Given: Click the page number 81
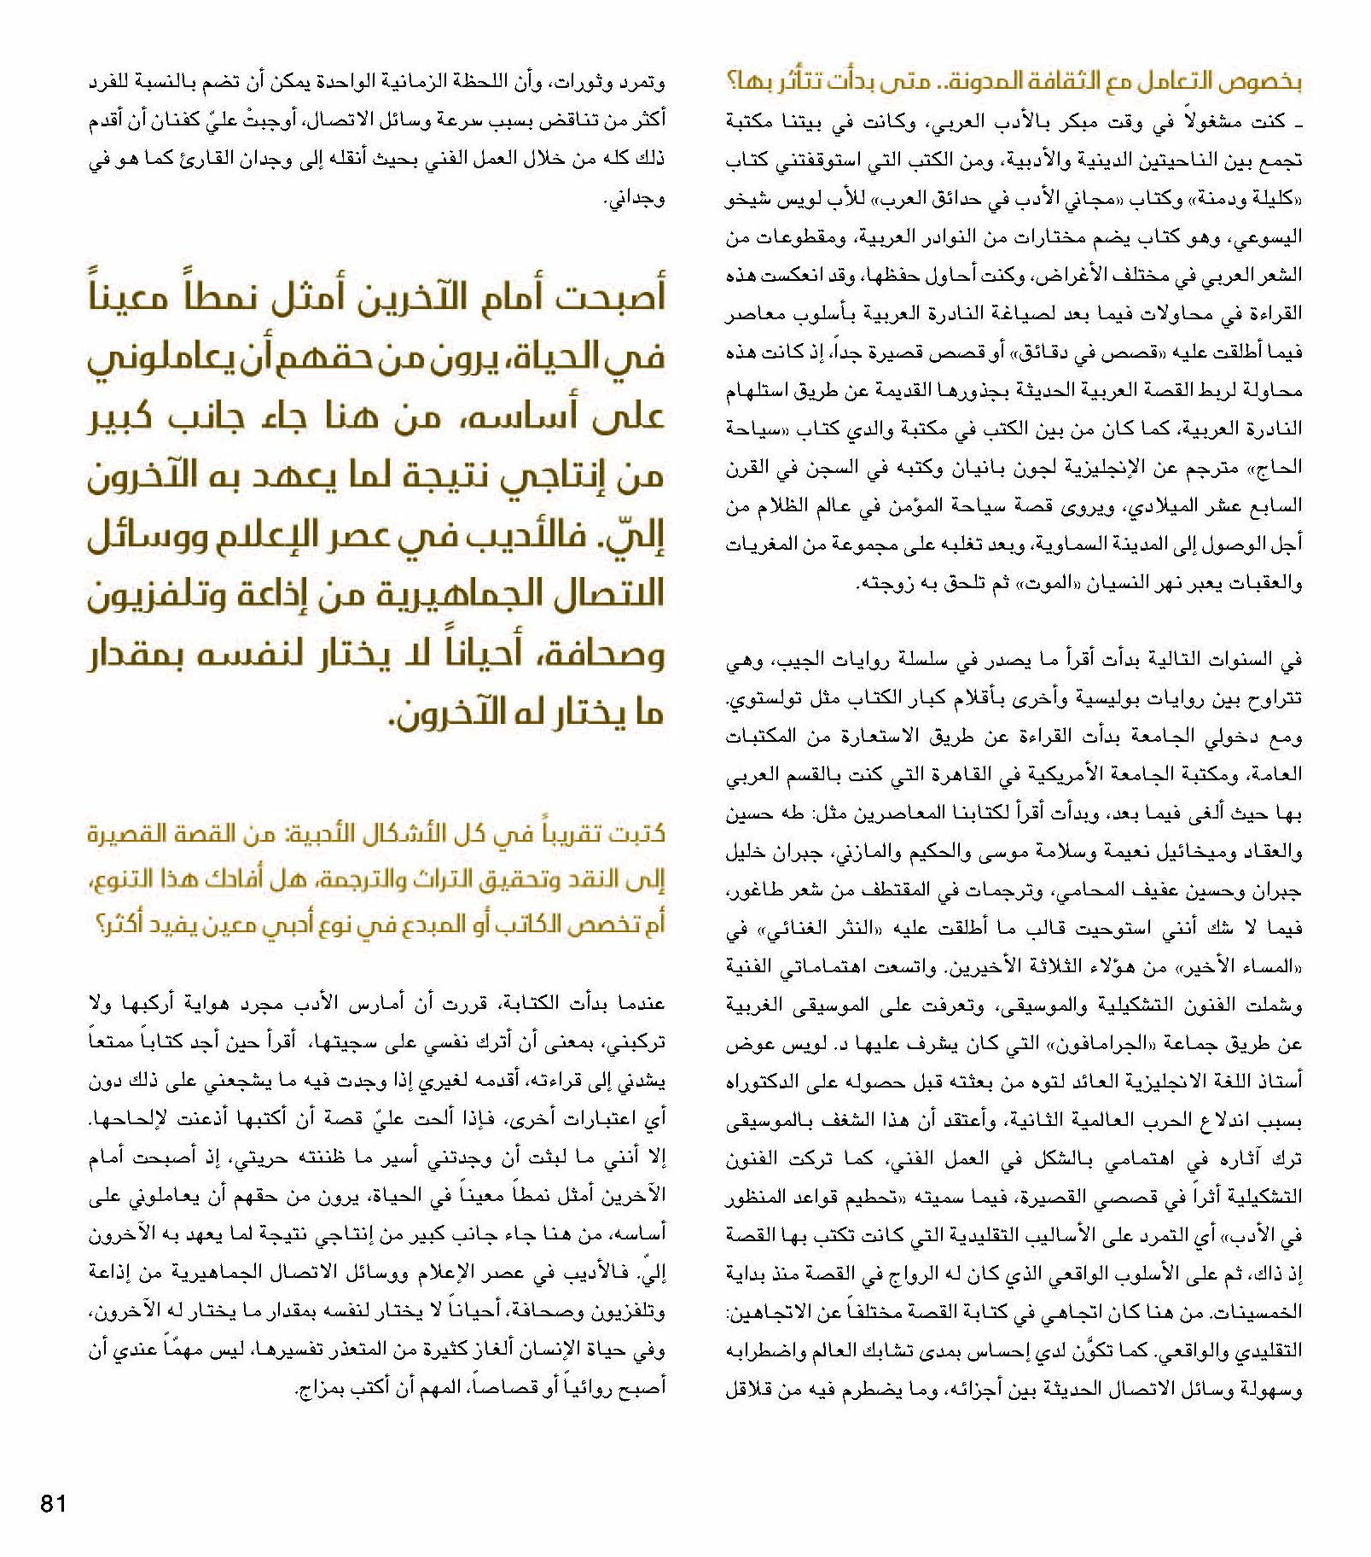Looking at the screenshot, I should point(53,1503).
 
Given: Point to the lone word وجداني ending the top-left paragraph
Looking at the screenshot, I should point(634,199).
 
